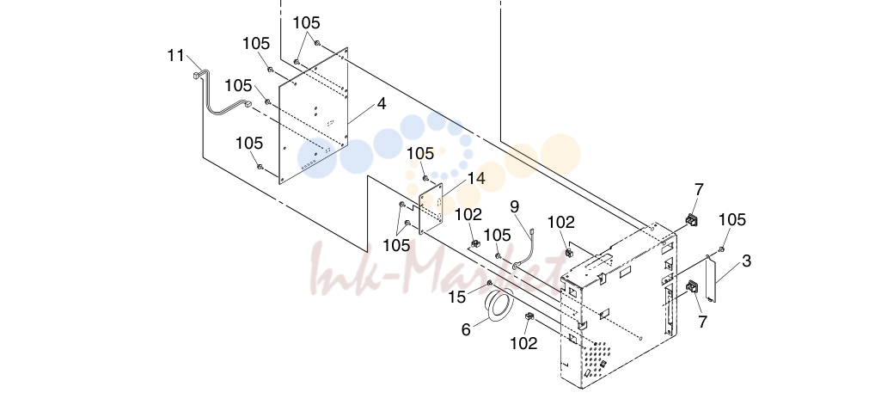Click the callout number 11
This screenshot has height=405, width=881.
coord(176,56)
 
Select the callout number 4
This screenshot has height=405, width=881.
coord(382,104)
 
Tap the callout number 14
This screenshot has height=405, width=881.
coord(476,178)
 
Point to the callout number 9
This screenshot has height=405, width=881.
coord(515,206)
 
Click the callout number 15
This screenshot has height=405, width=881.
coord(456,297)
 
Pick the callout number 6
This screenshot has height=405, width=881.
coord(466,329)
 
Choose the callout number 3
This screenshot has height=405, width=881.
coord(746,261)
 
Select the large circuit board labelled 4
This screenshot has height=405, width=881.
coord(314,115)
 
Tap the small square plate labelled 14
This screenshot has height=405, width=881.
coord(431,207)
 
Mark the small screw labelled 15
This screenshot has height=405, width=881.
coord(490,282)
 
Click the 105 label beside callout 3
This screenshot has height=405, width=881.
coord(732,219)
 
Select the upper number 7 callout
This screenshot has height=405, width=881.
coord(699,190)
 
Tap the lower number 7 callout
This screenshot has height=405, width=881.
coord(702,322)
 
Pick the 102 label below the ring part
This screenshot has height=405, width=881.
coord(523,342)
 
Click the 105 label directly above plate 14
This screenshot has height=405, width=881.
coord(420,153)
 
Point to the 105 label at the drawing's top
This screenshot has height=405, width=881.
coord(307,23)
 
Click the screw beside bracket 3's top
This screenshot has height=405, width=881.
coord(721,249)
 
